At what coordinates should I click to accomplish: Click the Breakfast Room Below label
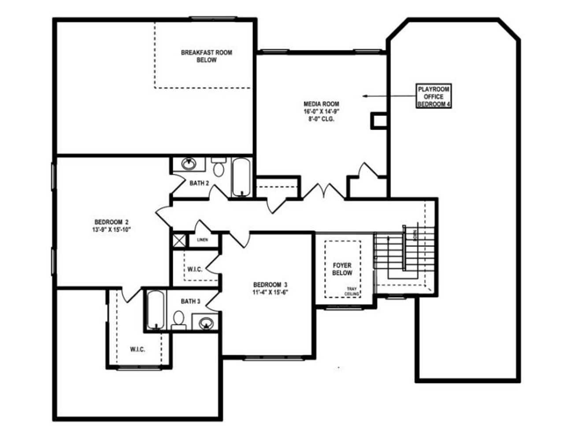[206, 56]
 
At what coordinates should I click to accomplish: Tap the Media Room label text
[321, 104]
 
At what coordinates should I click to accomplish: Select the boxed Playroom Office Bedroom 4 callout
[434, 97]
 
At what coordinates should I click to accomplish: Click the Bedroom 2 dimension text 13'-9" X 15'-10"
[111, 229]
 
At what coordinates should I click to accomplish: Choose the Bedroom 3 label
[271, 284]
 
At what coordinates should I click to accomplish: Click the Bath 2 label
[199, 183]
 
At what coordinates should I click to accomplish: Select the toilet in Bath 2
[218, 167]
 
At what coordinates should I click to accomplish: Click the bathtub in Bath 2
[241, 177]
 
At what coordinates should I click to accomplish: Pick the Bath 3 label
[190, 302]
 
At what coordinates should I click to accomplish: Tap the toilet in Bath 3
[179, 320]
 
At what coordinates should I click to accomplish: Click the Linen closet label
[202, 240]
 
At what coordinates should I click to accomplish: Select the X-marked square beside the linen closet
[179, 240]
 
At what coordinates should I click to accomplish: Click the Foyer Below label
[342, 269]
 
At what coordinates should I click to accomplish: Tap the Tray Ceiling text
[352, 291]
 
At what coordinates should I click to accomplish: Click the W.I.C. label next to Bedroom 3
[195, 269]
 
